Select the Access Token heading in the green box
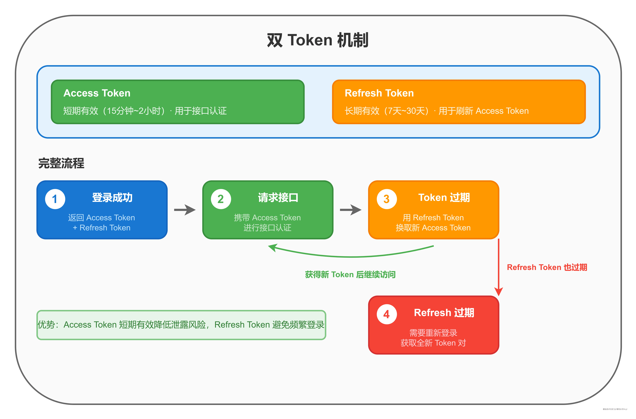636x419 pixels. pyautogui.click(x=97, y=93)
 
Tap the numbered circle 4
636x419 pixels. pyautogui.click(x=387, y=314)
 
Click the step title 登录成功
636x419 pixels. pyautogui.click(x=112, y=197)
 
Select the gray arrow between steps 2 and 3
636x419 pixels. pyautogui.click(x=351, y=210)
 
